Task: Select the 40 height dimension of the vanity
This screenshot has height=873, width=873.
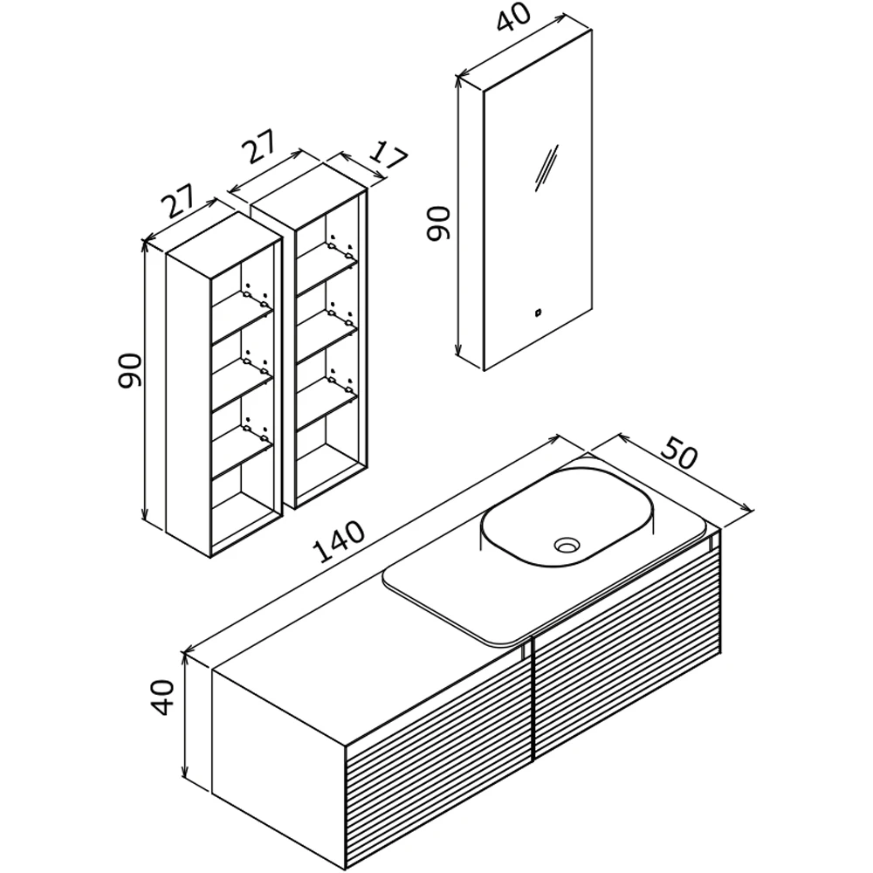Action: (x=162, y=697)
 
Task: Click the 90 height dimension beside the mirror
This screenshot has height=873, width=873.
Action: (x=438, y=223)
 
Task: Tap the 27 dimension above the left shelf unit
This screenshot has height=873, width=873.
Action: (x=179, y=200)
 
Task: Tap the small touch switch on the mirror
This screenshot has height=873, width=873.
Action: (x=539, y=313)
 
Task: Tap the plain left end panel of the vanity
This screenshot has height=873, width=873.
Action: (x=279, y=769)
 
